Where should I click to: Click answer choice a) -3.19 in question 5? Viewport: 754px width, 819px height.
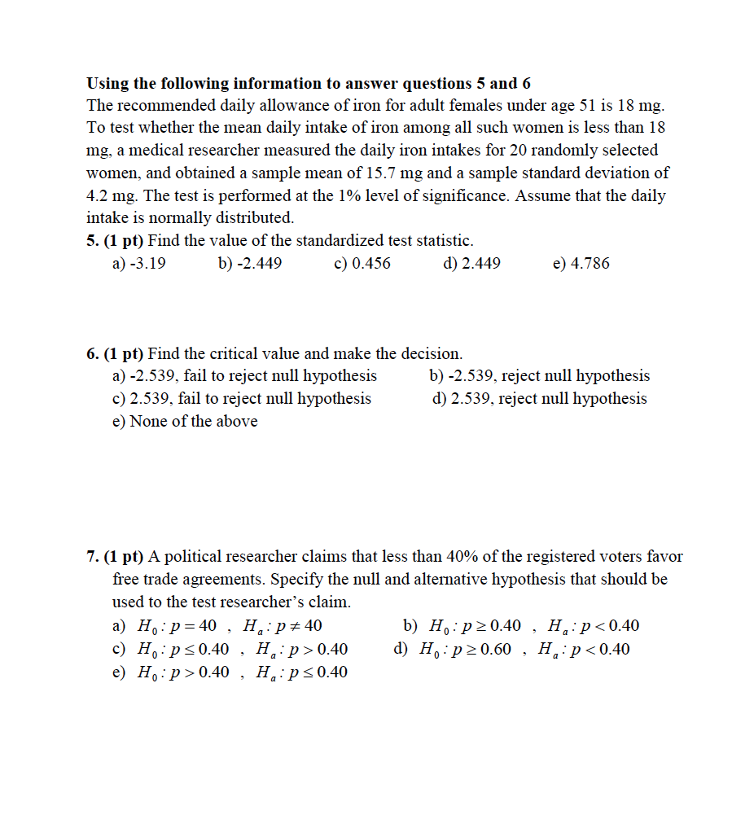point(138,264)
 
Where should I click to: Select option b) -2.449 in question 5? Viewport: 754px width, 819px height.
point(250,264)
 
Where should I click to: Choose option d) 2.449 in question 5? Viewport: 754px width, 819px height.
point(471,264)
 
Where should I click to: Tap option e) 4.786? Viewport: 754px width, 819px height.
point(581,264)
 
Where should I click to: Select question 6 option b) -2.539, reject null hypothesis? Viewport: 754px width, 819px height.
point(539,376)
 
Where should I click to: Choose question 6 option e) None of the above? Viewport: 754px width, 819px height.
point(185,422)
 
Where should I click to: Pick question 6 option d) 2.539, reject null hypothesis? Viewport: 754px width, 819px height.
point(540,399)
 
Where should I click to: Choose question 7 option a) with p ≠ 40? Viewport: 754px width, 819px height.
point(217,627)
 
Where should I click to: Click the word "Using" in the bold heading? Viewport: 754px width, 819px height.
point(107,83)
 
